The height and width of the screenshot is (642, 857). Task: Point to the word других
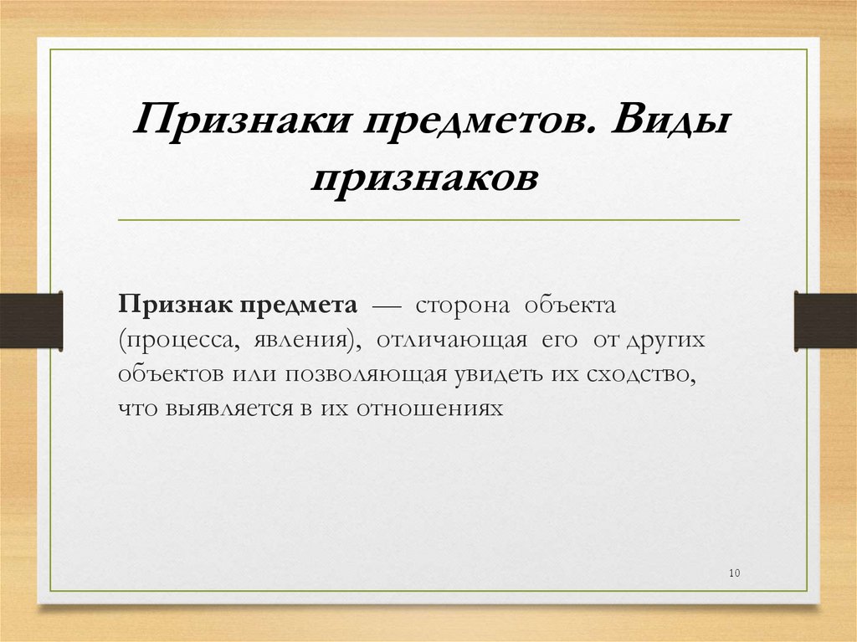point(659,342)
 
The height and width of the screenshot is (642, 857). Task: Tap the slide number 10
point(735,573)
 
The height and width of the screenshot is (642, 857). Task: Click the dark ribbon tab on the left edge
point(31,321)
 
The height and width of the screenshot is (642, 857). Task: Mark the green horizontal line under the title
point(428,219)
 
